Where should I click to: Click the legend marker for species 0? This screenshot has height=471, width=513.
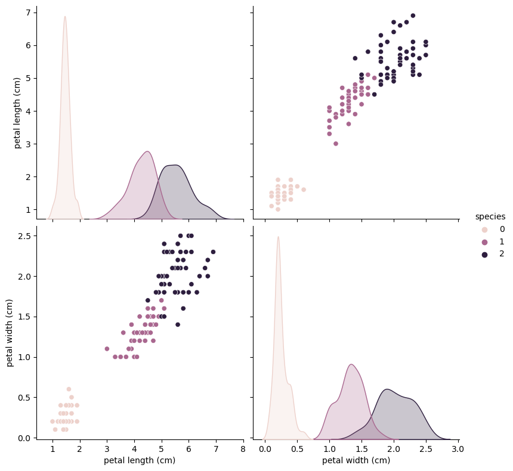(484, 230)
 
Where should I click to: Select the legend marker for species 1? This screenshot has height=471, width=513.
(484, 242)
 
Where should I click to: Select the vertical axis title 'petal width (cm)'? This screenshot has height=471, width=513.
(10, 333)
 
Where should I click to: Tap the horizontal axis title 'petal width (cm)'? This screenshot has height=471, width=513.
(356, 461)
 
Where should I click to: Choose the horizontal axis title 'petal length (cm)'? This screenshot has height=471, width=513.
(140, 461)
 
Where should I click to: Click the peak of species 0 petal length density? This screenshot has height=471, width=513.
(64, 17)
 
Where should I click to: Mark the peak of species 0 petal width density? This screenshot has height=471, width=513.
(278, 237)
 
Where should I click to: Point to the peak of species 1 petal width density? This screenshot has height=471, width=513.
(351, 364)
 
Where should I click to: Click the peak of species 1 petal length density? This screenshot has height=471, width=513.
(147, 151)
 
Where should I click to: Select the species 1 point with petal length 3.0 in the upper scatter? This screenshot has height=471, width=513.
(336, 144)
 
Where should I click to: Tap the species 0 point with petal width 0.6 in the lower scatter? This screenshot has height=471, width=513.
(69, 389)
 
